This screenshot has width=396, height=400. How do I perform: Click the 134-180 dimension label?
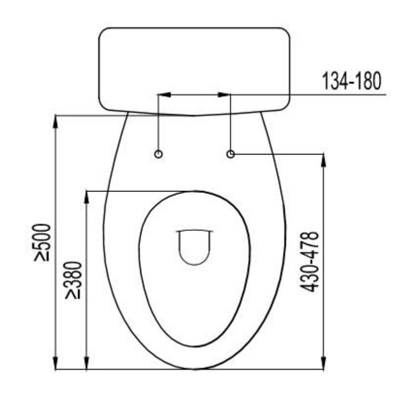[x=350, y=82]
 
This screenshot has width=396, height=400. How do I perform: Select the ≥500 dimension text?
[x=42, y=242]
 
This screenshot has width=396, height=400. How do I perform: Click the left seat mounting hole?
[x=158, y=154]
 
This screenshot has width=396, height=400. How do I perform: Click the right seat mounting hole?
[x=231, y=154]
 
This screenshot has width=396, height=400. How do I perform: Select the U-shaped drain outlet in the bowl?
[x=194, y=247]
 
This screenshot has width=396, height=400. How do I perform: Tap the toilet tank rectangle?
[x=194, y=68]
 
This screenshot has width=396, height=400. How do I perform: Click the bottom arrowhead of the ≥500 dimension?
[x=56, y=363]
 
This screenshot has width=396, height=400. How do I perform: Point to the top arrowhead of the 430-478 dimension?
[x=323, y=160]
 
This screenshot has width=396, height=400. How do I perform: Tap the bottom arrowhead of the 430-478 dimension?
[x=323, y=363]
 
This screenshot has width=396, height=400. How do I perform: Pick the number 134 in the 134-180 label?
[x=334, y=82]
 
